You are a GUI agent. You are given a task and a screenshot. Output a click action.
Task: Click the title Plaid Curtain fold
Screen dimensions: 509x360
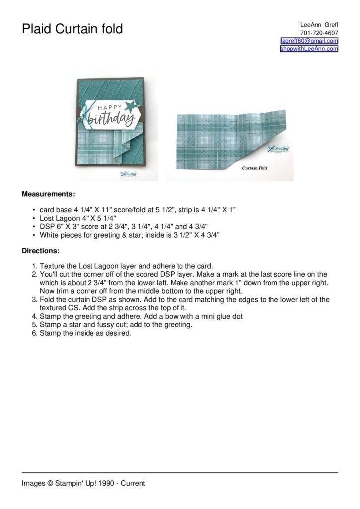[72, 30]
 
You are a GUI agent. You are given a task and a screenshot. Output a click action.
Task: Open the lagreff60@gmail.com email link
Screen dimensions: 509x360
[309, 41]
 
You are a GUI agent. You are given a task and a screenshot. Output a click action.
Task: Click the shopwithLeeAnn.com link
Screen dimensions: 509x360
[309, 49]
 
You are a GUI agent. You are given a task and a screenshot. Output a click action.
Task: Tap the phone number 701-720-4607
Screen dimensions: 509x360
[319, 33]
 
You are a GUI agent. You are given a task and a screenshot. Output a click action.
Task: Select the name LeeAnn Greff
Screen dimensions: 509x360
[319, 25]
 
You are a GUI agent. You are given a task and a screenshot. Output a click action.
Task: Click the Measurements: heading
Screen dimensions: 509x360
[48, 194]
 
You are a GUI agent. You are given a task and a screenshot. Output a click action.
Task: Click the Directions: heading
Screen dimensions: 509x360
[41, 251]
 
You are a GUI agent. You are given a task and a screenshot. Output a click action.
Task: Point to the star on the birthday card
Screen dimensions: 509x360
[125, 105]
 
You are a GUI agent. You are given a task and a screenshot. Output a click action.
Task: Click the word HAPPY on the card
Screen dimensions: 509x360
[105, 107]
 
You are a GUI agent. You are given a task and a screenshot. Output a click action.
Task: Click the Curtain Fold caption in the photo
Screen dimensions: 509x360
[255, 168]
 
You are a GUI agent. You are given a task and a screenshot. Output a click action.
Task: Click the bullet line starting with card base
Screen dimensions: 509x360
[137, 210]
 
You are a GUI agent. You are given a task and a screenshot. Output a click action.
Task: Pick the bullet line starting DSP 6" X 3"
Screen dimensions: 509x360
[123, 226]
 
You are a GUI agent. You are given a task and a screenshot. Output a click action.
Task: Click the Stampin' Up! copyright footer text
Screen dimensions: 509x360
[83, 483]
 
